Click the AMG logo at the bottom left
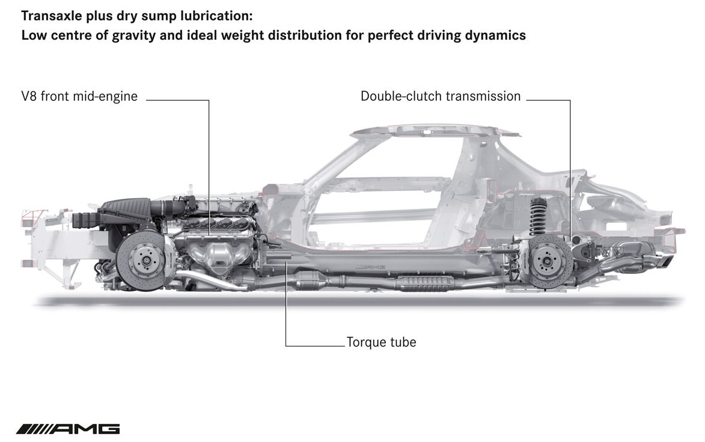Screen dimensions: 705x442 pos(68,429)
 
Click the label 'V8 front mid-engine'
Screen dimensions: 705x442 pos(79,96)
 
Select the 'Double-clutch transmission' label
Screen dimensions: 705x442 pos(441,96)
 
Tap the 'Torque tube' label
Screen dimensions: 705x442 pos(381,342)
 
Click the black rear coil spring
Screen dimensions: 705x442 pos(538,217)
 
